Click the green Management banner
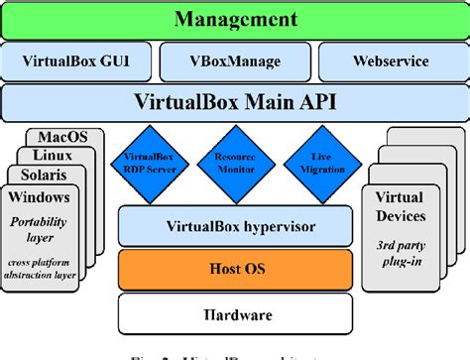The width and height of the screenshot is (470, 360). (x=235, y=19)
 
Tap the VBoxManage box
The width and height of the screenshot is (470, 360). (x=235, y=61)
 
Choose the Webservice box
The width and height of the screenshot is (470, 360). (x=391, y=61)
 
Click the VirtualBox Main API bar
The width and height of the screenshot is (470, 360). (x=235, y=102)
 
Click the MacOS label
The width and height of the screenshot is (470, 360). (x=63, y=137)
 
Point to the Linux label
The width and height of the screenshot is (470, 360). (x=55, y=156)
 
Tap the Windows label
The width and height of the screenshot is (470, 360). (x=39, y=196)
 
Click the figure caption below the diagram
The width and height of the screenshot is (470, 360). (x=235, y=353)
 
